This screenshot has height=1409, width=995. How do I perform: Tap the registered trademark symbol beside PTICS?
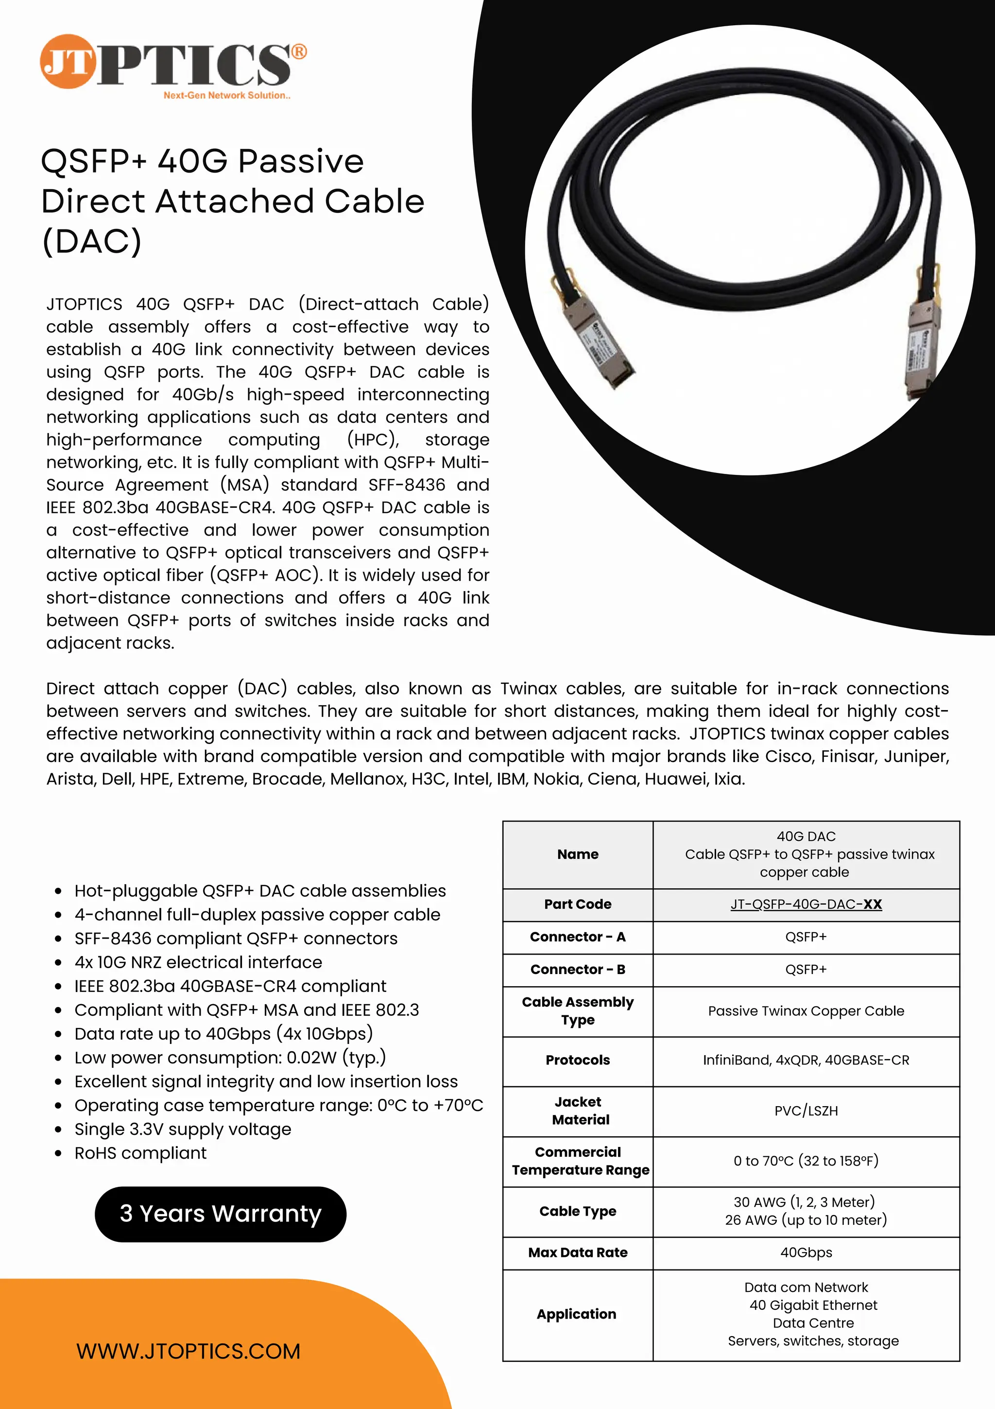pyautogui.click(x=298, y=52)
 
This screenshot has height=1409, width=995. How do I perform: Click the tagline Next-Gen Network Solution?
pyautogui.click(x=226, y=95)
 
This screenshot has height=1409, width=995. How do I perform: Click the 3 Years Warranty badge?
pyautogui.click(x=220, y=1214)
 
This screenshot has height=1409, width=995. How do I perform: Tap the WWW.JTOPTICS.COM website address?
pyautogui.click(x=189, y=1351)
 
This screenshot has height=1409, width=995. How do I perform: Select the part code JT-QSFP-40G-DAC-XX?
pyautogui.click(x=806, y=904)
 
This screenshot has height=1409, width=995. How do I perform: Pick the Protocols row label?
pyautogui.click(x=577, y=1060)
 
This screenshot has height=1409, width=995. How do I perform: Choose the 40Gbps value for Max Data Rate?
pyautogui.click(x=806, y=1252)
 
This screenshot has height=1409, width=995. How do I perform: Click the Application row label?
pyautogui.click(x=576, y=1314)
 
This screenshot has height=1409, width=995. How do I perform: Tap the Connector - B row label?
pyautogui.click(x=577, y=969)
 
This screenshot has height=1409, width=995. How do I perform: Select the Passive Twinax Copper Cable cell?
pyautogui.click(x=806, y=1011)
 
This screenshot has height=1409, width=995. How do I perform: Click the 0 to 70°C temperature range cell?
pyautogui.click(x=806, y=1161)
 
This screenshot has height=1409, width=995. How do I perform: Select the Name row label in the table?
pyautogui.click(x=577, y=854)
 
